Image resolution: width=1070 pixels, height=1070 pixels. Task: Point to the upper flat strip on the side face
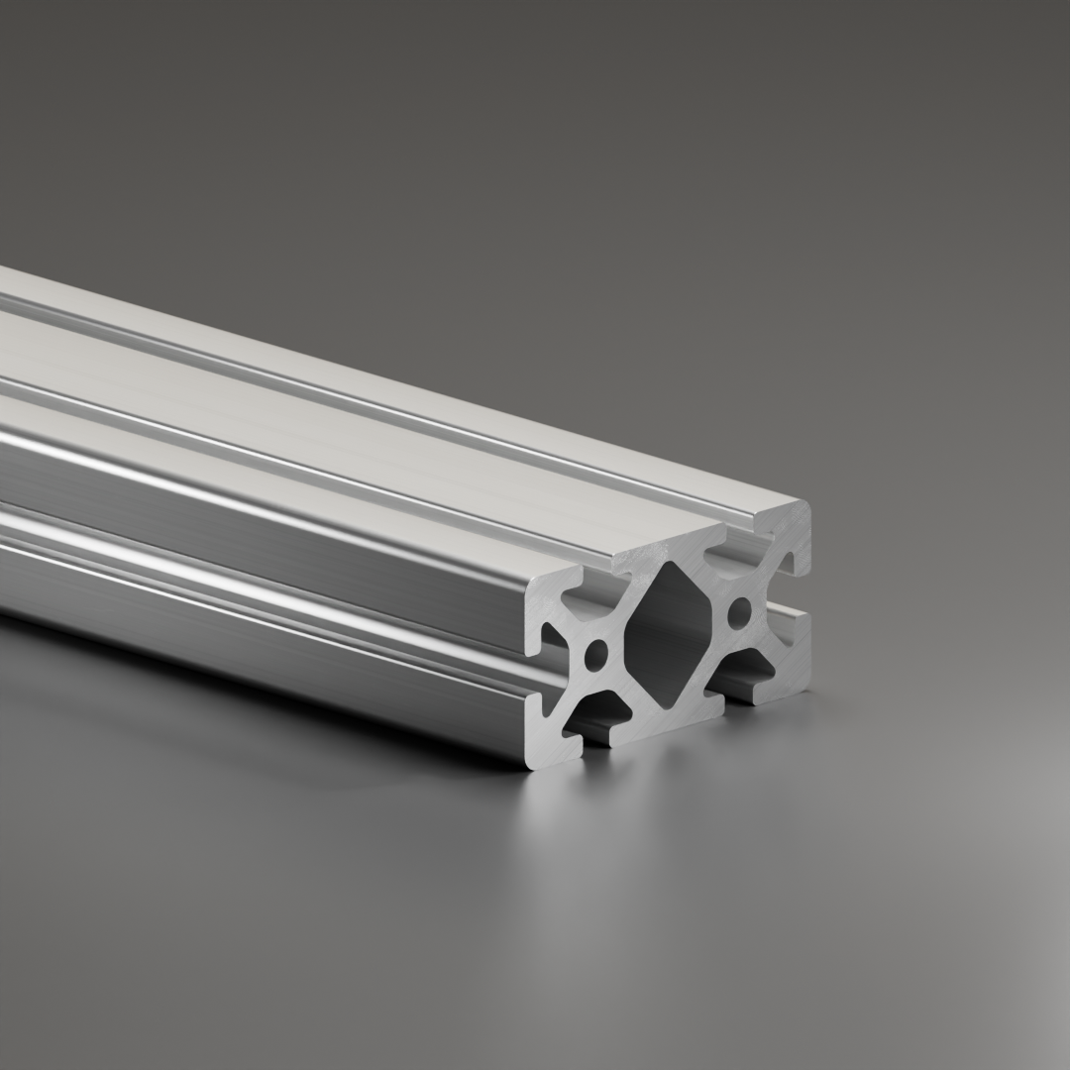[248, 505]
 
